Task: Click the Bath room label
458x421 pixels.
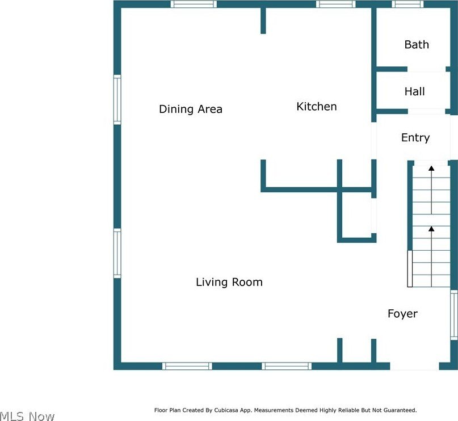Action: coord(417,45)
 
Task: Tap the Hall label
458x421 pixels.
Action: coord(414,91)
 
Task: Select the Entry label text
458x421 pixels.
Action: coord(415,138)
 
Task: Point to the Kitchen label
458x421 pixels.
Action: coord(316,107)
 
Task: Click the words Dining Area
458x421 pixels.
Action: coord(190,109)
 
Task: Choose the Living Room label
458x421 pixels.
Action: coord(229,282)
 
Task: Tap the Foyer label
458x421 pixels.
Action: coord(402,314)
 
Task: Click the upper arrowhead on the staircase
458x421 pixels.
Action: coord(431,169)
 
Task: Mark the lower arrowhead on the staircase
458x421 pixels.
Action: coord(431,229)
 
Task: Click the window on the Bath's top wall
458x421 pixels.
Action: coord(408,4)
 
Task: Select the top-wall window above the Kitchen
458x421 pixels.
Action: coord(336,4)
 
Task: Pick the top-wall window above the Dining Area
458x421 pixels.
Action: coord(194,4)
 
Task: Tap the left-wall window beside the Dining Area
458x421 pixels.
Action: coord(117,100)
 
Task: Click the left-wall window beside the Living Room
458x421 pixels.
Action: coord(117,253)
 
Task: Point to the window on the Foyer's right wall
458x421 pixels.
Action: coord(453,315)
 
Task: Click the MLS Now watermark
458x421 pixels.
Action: coord(27,416)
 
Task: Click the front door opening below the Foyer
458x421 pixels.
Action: coord(414,366)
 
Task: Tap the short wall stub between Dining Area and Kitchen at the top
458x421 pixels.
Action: coord(263,20)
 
